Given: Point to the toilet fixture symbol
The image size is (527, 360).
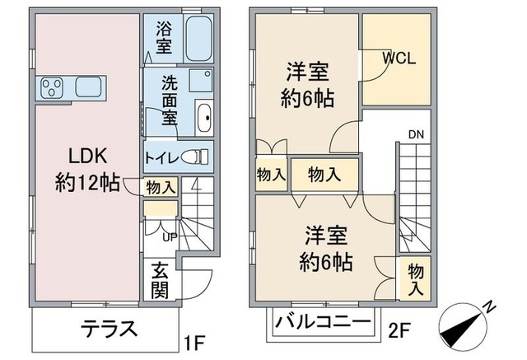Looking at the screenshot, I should (196, 156).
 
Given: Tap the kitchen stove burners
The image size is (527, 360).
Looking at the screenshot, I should (53, 86).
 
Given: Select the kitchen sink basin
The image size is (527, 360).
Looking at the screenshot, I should (87, 86).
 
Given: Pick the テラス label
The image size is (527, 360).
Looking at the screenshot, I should (108, 328).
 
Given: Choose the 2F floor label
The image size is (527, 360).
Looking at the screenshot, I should (399, 333).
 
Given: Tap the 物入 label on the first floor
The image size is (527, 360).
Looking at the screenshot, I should (161, 187).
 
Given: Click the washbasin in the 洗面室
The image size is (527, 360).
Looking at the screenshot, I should (205, 116).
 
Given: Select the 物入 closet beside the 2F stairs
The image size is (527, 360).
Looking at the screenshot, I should (416, 279).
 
